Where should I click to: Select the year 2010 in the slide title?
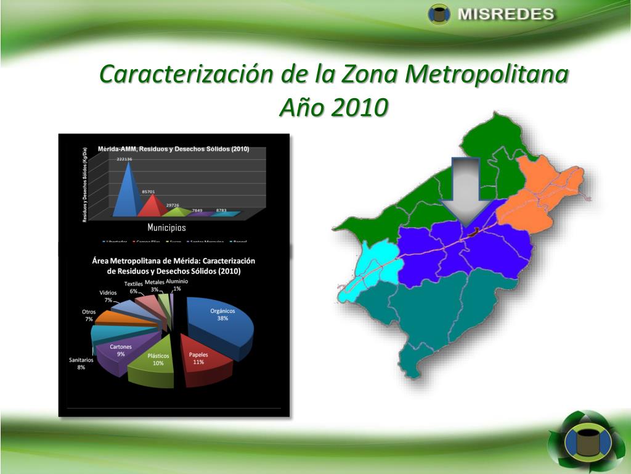coord(360,107)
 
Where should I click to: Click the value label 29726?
coord(173,205)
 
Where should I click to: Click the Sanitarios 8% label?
coord(81,364)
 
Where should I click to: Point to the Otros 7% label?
coord(89,315)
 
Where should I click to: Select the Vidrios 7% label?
coord(108,296)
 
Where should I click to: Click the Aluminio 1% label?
coord(177,285)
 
